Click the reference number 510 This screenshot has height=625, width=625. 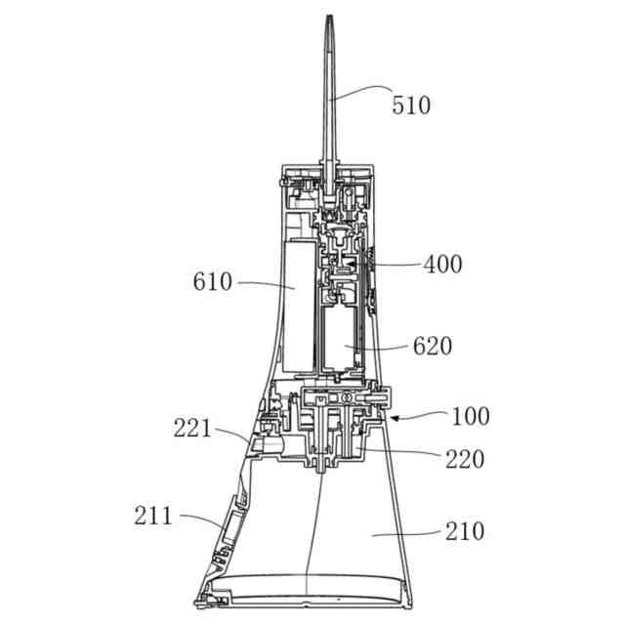tap(411, 105)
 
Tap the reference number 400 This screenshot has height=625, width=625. tap(442, 264)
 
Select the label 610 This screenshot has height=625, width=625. tap(213, 281)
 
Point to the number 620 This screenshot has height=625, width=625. tap(433, 346)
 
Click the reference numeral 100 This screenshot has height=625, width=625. tap(471, 416)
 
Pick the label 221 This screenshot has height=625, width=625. tap(191, 429)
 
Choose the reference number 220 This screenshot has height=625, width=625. tap(465, 459)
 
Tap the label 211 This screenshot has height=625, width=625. tap(153, 516)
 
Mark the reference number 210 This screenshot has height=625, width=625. tap(465, 530)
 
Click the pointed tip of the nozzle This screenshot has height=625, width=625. tap(329, 16)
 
